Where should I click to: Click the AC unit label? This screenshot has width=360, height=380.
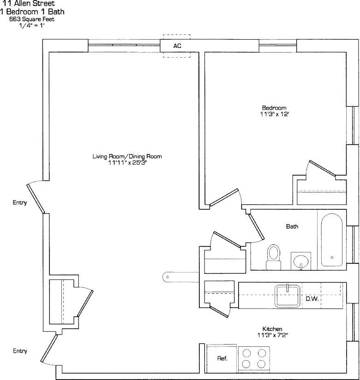tap(177, 46)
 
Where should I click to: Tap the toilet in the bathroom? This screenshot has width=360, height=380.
tap(273, 256)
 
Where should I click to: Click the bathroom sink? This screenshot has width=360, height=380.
tap(301, 261)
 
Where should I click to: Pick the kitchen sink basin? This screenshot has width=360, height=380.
tap(288, 296)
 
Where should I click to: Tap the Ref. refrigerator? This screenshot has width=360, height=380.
tap(222, 358)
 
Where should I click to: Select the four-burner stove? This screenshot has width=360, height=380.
tap(254, 358)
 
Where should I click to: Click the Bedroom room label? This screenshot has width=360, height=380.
tap(270, 107)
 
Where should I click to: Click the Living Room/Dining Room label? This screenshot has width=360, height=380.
tap(127, 156)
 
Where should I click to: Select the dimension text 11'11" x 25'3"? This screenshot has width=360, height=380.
tap(127, 163)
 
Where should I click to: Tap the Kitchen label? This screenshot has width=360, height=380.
tap(272, 329)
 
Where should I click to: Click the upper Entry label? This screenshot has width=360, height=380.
tap(19, 202)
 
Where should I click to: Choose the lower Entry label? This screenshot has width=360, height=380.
tap(19, 351)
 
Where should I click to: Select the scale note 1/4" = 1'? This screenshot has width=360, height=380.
tap(28, 25)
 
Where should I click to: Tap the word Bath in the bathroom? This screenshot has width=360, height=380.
tap(292, 226)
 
